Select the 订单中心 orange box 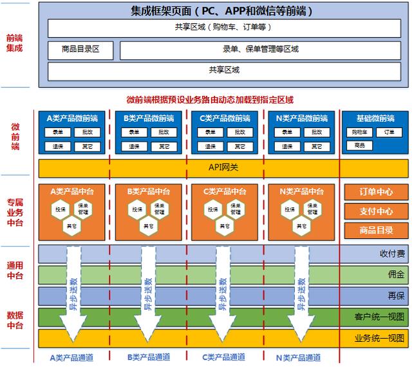[376, 193]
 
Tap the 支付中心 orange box [376, 211]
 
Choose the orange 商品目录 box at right [376, 230]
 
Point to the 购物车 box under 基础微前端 [359, 133]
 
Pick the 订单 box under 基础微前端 [389, 133]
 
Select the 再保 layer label [396, 296]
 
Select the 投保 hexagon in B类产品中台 [137, 210]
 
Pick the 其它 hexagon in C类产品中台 [225, 226]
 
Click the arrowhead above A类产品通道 [72, 334]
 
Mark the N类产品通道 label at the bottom [298, 357]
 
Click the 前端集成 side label [14, 43]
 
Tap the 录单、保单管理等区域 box [260, 50]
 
